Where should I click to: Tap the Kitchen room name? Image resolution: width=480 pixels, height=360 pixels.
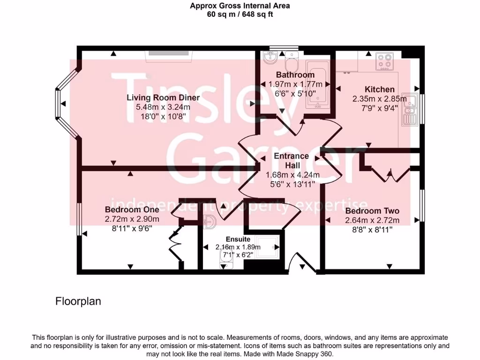380,90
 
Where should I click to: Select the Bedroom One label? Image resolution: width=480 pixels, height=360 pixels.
132,210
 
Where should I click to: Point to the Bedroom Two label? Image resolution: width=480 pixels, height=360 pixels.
372,211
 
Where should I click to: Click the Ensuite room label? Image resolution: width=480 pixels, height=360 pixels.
238,239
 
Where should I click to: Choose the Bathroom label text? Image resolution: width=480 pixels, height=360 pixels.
295,75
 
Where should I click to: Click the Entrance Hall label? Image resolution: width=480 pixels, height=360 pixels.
291,160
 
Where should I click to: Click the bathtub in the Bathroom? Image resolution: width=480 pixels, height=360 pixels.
317,85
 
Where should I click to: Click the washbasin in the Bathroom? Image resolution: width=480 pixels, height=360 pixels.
270,59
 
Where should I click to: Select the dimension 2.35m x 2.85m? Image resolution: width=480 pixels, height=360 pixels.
380,99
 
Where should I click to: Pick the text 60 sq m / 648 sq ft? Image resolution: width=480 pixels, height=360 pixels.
240,14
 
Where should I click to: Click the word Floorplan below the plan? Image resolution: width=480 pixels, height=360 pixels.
78,301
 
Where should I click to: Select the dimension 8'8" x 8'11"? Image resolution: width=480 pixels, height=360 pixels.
372,229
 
